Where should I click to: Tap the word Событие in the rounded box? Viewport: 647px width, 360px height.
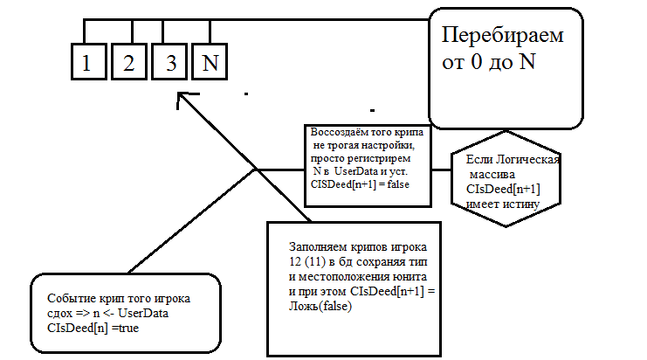[70, 298]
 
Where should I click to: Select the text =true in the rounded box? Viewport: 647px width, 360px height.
[120, 328]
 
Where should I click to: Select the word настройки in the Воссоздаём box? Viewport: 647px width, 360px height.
[396, 145]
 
